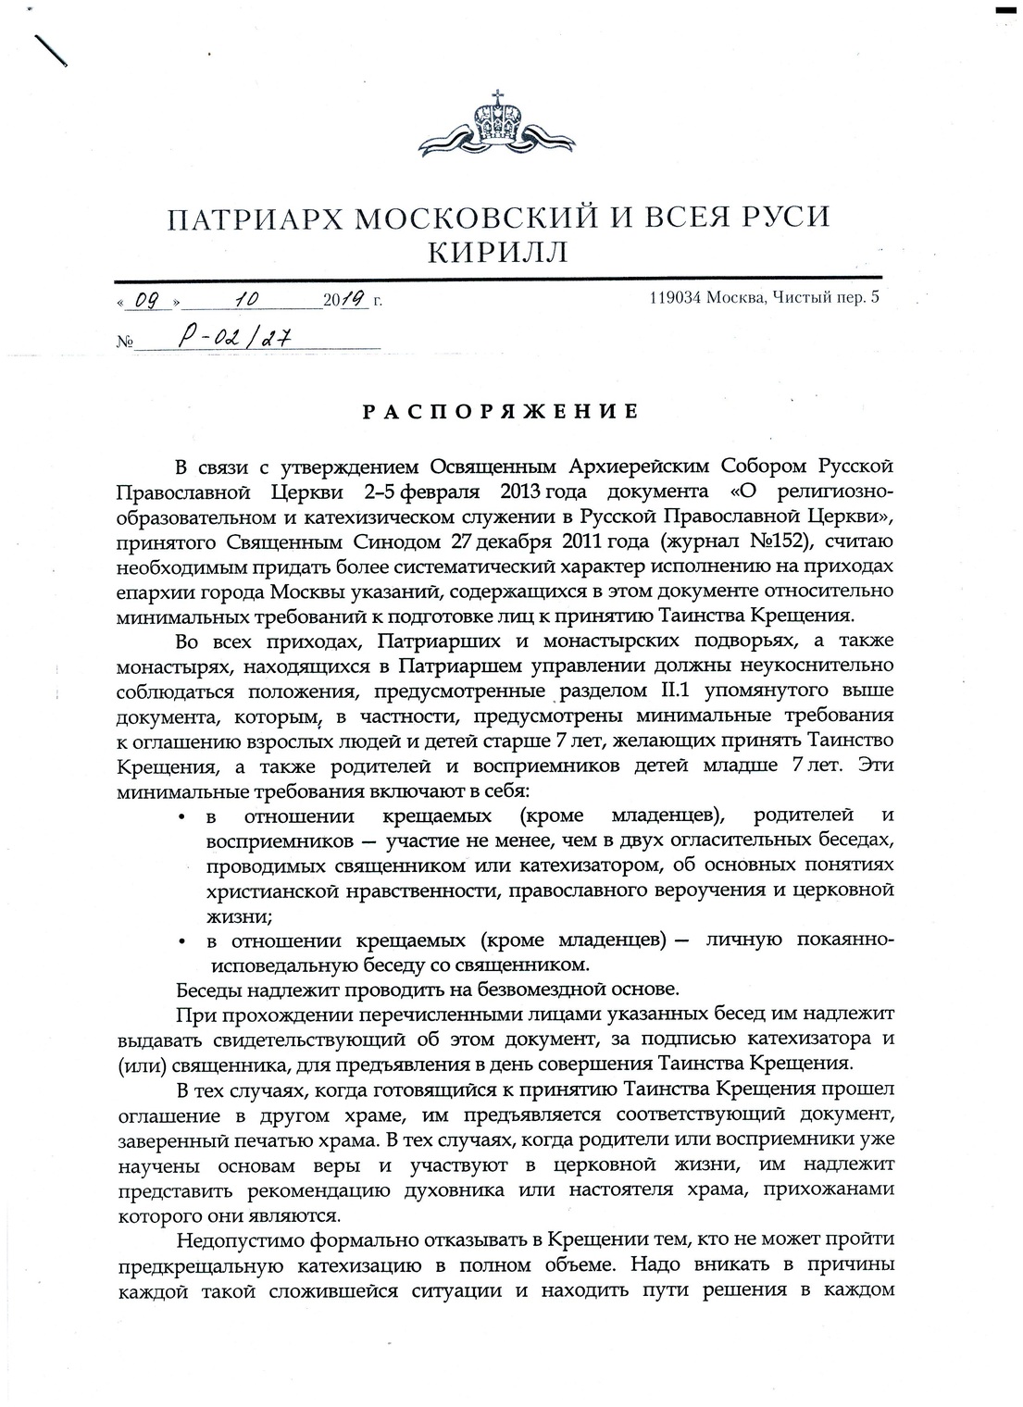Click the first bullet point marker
tap(184, 817)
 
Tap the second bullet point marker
tap(184, 941)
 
